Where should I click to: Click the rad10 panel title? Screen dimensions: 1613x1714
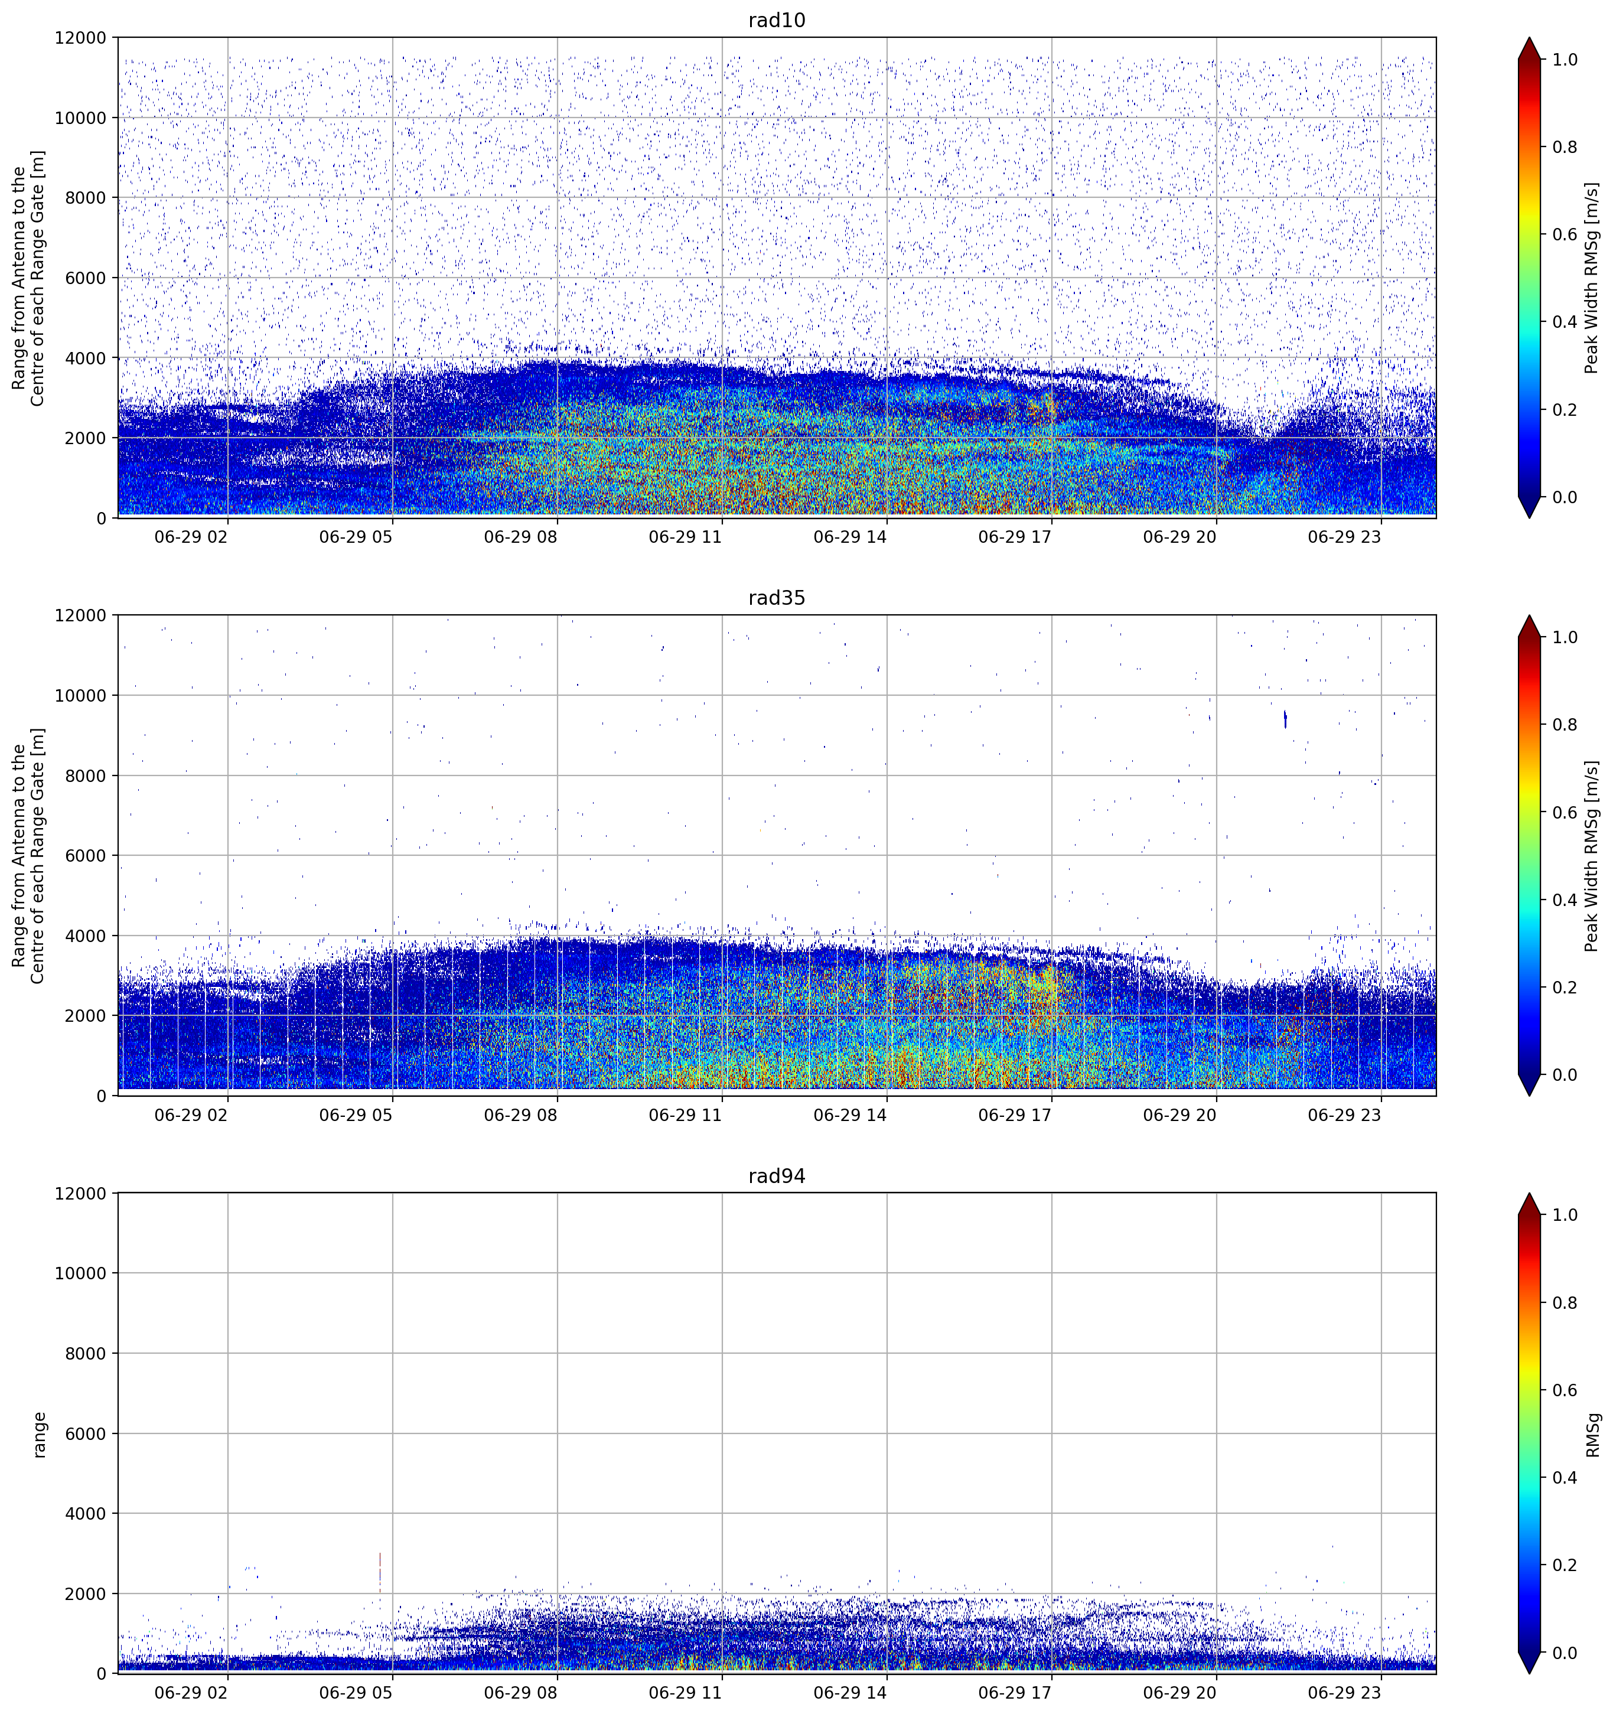click(776, 20)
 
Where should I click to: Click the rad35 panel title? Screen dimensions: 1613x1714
click(776, 598)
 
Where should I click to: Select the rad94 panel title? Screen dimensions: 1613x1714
click(776, 1176)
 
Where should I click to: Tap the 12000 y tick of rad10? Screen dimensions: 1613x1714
click(80, 38)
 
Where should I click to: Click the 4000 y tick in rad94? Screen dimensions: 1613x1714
click(86, 1514)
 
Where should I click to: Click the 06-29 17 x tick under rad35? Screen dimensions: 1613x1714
click(1015, 1115)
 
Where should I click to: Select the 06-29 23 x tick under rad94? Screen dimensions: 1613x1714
click(1344, 1693)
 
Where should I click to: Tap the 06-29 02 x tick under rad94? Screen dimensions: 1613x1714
click(191, 1693)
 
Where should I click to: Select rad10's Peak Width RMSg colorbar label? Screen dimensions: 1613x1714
click(1592, 278)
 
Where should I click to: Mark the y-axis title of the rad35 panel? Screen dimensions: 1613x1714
click(28, 855)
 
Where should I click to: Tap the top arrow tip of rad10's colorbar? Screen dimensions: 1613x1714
click(1529, 38)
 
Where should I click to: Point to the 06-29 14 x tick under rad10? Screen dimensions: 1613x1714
click(850, 537)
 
